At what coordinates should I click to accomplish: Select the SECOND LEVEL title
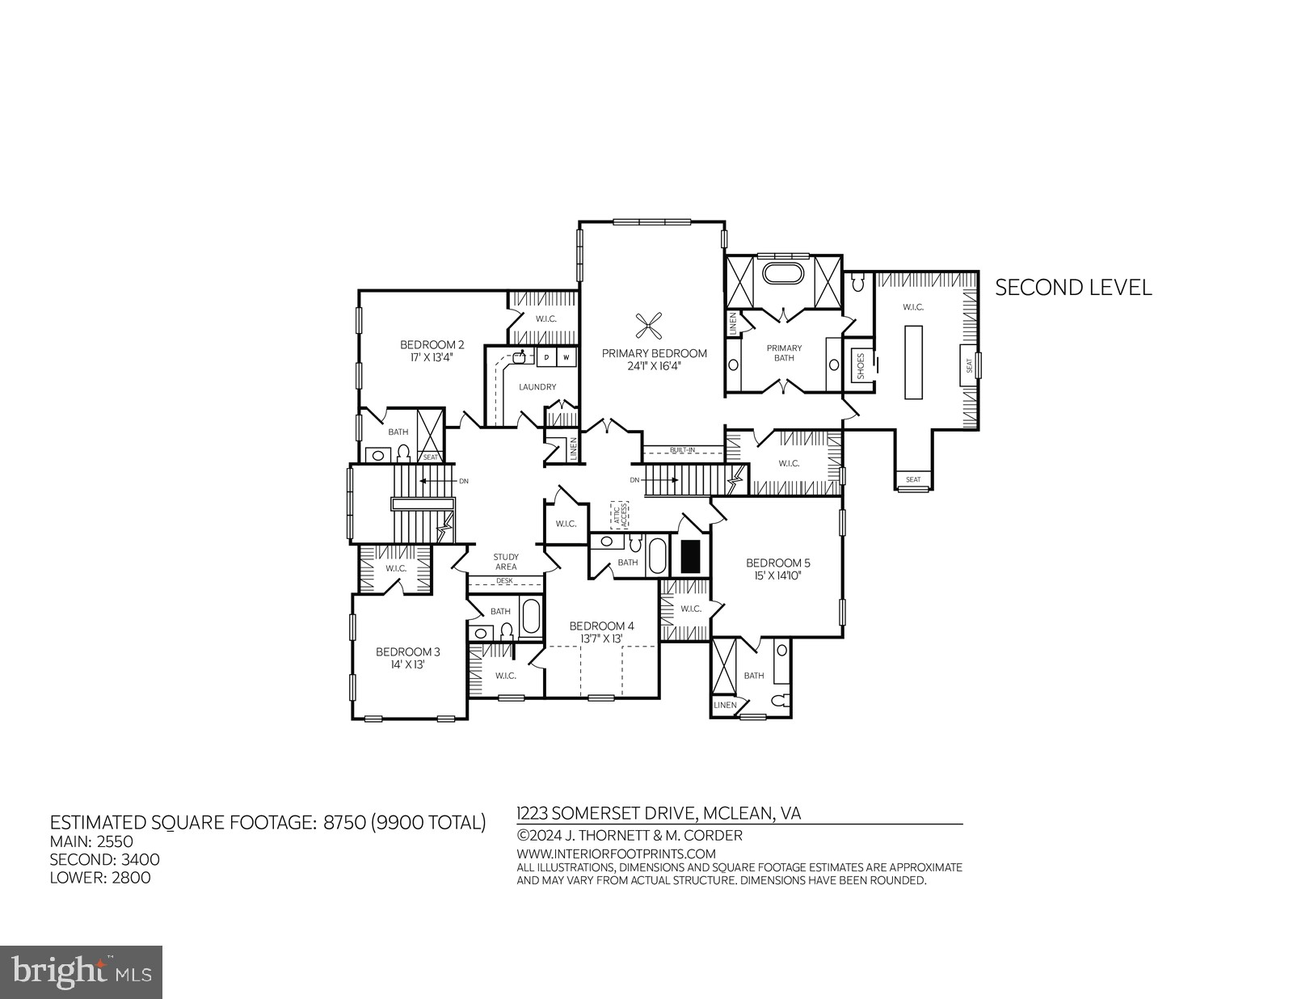[1072, 288]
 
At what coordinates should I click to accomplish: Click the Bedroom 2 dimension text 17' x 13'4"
[427, 356]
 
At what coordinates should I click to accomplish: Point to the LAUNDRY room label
[537, 387]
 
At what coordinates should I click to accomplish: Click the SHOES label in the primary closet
[861, 367]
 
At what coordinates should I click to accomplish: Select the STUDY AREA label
[506, 562]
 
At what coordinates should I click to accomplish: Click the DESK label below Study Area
[505, 580]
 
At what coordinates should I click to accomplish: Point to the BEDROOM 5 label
[777, 563]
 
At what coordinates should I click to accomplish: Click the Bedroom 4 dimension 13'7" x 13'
[601, 639]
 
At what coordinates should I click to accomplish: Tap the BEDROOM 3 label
[407, 651]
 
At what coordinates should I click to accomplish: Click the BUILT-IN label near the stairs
[682, 450]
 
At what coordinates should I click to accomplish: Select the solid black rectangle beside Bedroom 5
[689, 556]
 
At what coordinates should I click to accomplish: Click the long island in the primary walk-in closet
[913, 361]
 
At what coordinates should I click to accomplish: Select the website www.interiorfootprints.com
[616, 854]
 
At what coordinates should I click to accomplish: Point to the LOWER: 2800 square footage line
[100, 878]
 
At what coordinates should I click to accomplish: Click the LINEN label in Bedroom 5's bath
[725, 706]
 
